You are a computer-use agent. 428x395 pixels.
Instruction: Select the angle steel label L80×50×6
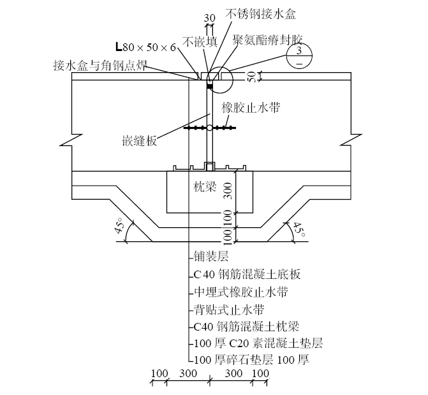tap(146, 47)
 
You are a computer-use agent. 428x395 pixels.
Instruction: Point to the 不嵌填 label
tap(200, 42)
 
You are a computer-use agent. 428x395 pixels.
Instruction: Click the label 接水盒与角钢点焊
tap(100, 65)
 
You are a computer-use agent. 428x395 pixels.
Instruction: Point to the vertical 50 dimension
tap(251, 77)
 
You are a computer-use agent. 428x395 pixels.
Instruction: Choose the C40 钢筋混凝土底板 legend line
tap(247, 276)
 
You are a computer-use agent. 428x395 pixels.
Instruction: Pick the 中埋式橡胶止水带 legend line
tap(240, 294)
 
